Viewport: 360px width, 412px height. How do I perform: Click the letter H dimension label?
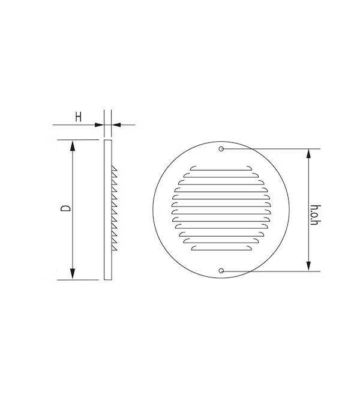(x=77, y=117)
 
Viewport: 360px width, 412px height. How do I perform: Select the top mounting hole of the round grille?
(x=221, y=149)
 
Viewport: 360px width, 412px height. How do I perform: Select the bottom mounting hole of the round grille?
(x=221, y=271)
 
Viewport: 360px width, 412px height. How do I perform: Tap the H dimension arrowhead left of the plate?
(x=100, y=125)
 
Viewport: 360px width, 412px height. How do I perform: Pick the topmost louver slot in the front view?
(x=220, y=167)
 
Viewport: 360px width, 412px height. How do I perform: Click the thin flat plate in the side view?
(x=107, y=210)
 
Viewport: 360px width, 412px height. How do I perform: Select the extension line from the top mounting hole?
(x=270, y=149)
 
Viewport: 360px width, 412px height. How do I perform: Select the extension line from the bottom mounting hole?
(x=270, y=271)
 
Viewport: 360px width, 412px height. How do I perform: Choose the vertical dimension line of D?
(x=73, y=180)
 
